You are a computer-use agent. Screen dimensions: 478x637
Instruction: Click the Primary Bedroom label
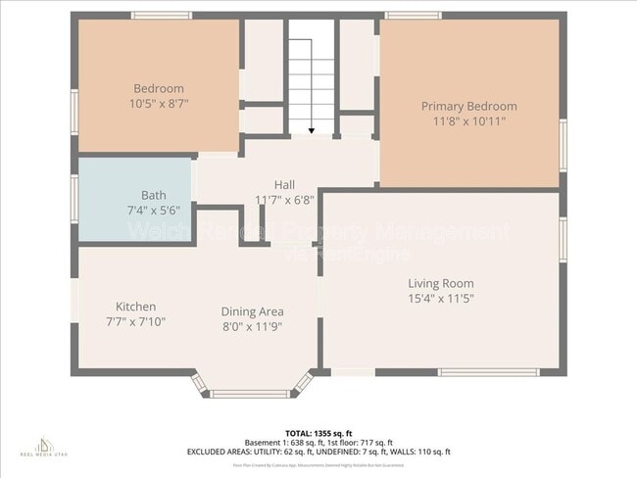468,106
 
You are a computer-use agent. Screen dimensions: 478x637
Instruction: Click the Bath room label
153,195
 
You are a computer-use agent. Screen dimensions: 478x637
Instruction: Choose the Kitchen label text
135,307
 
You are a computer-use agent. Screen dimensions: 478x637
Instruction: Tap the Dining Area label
252,311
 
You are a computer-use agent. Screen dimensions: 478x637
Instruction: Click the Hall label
284,184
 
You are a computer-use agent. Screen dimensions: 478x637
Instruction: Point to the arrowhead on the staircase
311,129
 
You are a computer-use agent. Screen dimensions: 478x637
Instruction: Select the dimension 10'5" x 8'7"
158,103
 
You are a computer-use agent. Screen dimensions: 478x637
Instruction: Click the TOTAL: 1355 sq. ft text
318,432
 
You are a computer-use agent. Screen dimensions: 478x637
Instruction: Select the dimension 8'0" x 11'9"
252,326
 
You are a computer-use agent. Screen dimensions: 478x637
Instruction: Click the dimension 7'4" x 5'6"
153,210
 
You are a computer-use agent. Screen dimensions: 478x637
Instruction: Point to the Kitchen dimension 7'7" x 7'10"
135,321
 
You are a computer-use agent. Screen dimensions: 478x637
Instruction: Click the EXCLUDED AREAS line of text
318,452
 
